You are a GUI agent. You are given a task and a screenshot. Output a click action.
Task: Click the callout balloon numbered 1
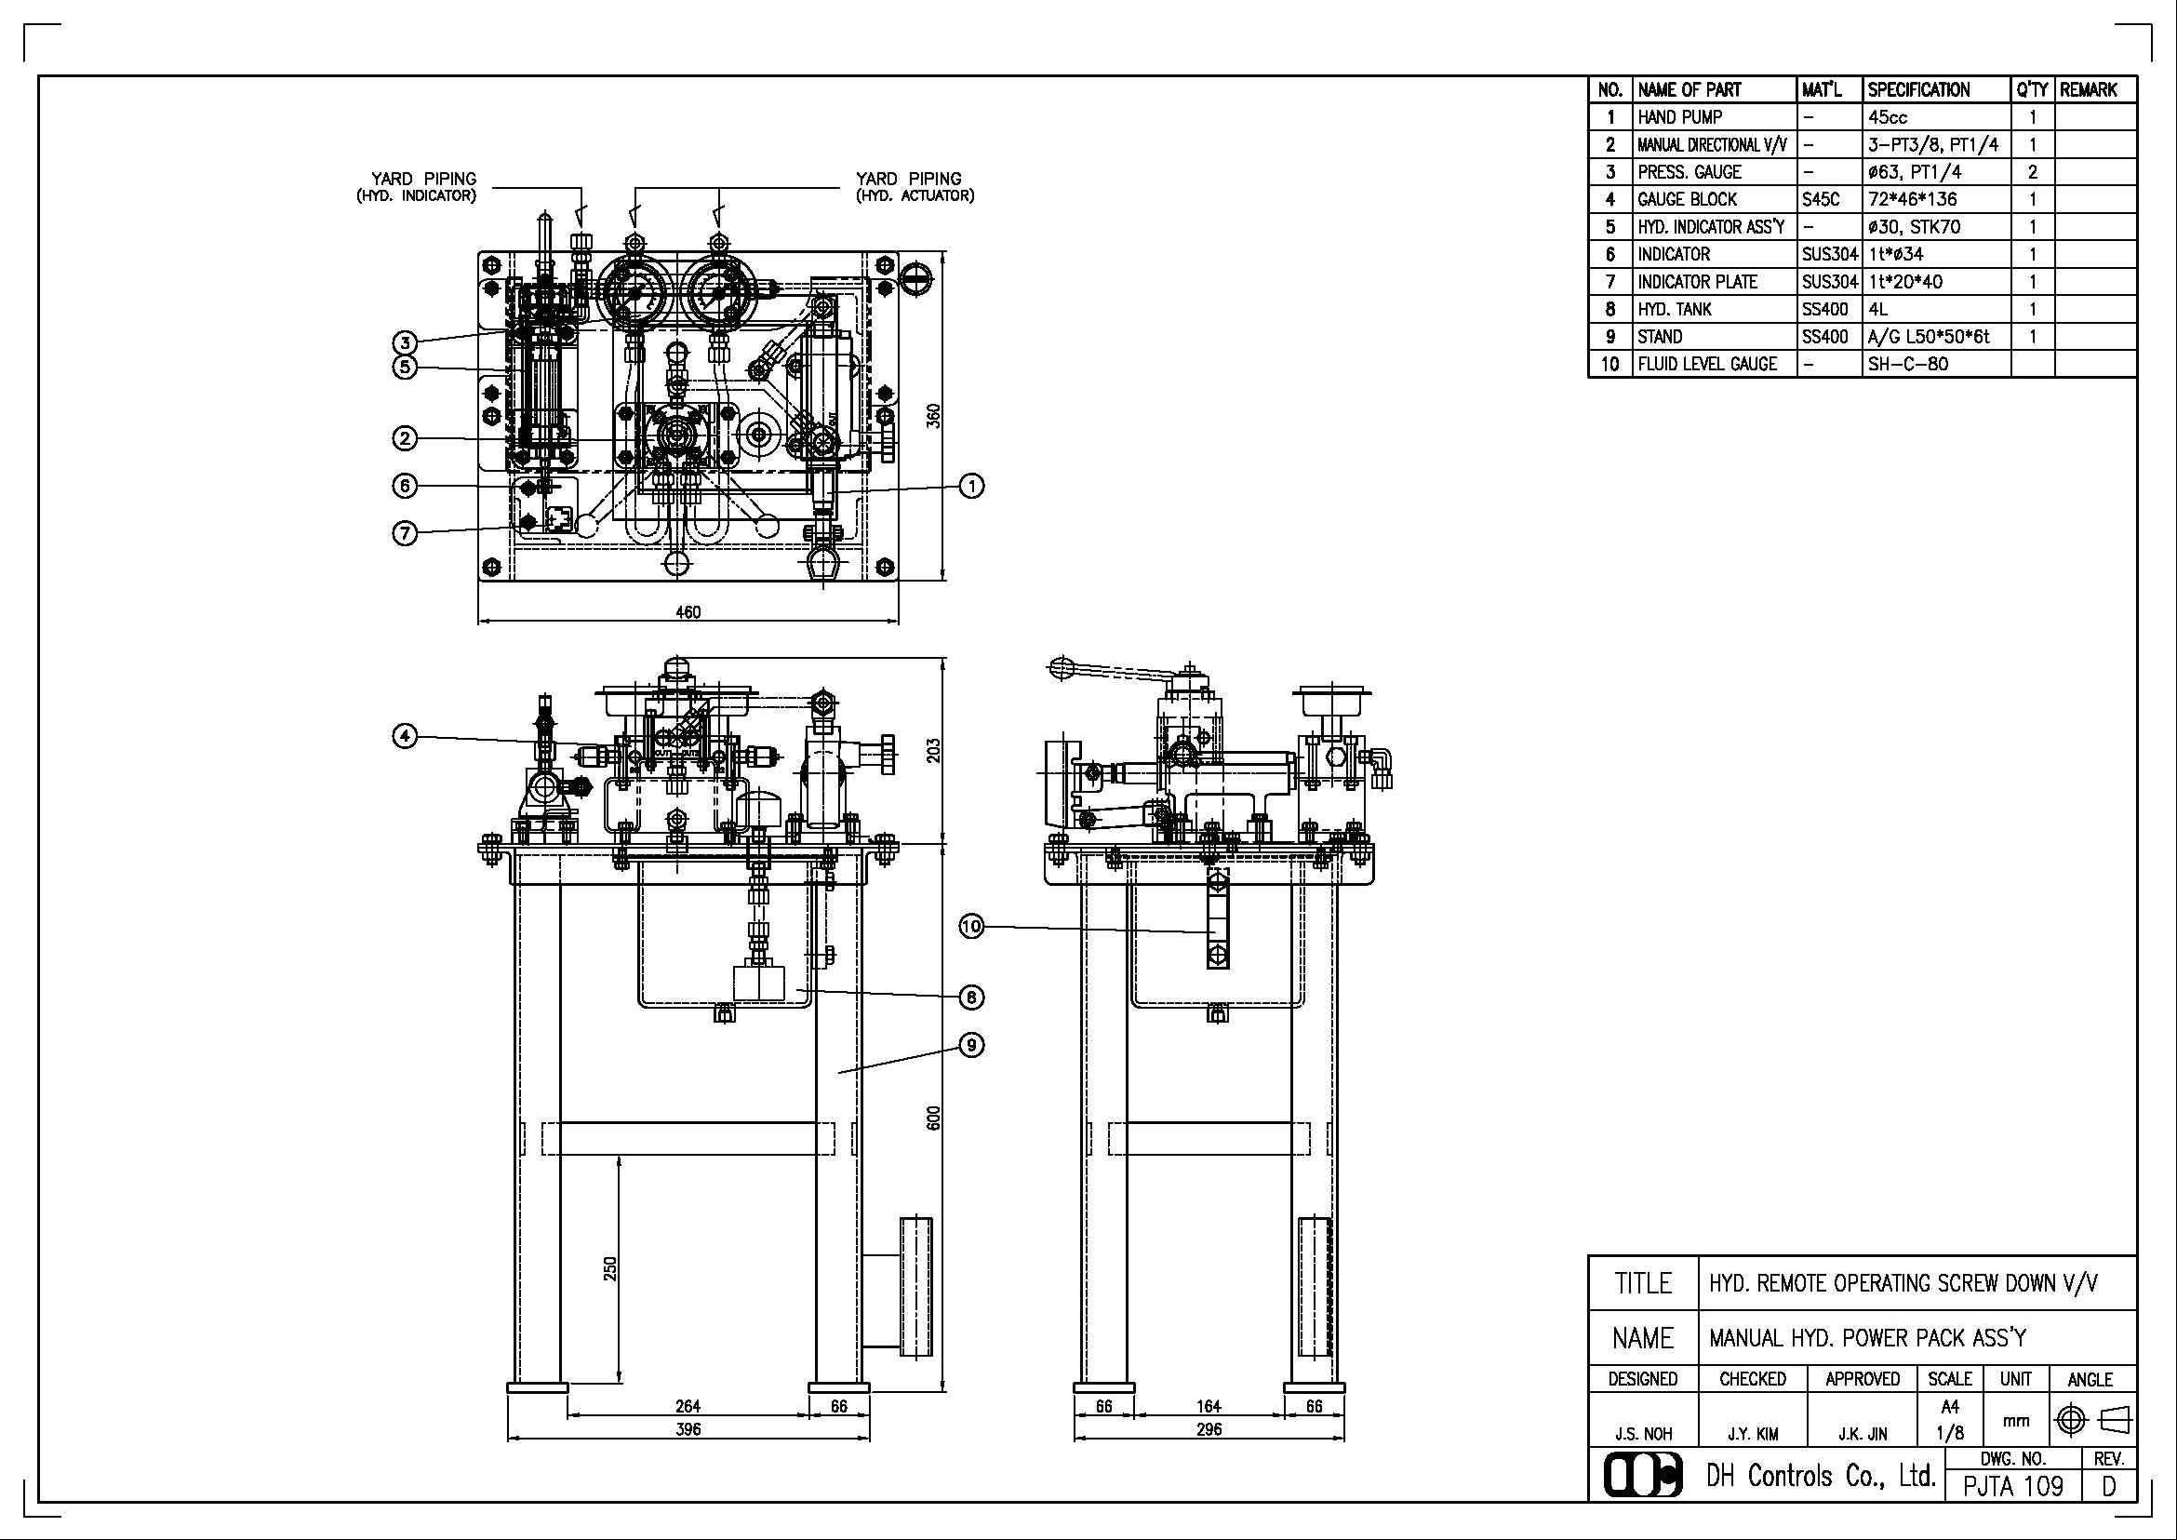click(972, 486)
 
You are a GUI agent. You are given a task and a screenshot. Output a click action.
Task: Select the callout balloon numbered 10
click(972, 927)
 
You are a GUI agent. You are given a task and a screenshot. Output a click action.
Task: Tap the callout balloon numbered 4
click(405, 736)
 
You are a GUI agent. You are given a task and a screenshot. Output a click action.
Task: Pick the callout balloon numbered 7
click(405, 533)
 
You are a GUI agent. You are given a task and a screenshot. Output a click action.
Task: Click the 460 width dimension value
click(688, 611)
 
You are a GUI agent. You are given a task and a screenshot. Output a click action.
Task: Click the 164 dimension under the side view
click(1209, 1406)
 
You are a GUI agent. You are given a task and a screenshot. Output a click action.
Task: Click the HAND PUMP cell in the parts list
click(1680, 117)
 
